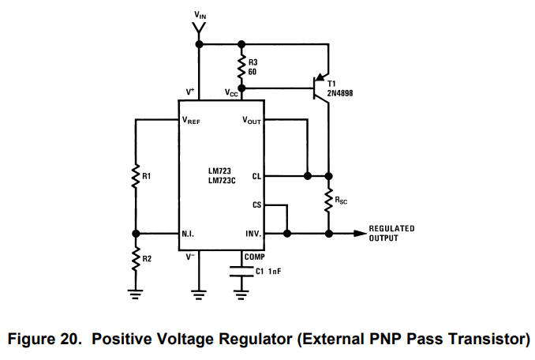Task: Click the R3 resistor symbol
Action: (x=241, y=67)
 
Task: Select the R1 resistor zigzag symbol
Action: (x=136, y=176)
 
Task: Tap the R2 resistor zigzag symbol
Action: (x=136, y=259)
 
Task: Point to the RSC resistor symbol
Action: (x=328, y=201)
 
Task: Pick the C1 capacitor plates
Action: (x=241, y=272)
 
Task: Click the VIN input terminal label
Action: (x=200, y=15)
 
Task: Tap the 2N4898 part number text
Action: (x=340, y=93)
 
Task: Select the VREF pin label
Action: (x=191, y=120)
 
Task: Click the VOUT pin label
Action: (x=252, y=120)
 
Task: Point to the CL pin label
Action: (x=256, y=176)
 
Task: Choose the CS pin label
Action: (x=256, y=204)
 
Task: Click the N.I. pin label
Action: (x=188, y=234)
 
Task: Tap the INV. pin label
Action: (x=253, y=234)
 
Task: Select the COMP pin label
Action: (x=255, y=257)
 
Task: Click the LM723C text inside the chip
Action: (x=222, y=181)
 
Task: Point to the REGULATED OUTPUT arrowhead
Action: (x=360, y=234)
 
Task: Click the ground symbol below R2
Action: (x=136, y=294)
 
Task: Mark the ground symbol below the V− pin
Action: (x=199, y=294)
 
